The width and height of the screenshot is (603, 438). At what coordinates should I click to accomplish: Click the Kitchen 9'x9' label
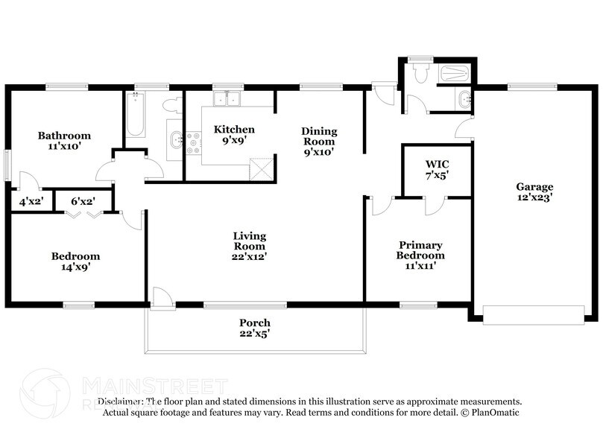click(234, 134)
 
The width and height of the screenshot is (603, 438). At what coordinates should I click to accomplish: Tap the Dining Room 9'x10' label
click(318, 141)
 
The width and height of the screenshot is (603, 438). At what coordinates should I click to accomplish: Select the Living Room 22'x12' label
click(250, 246)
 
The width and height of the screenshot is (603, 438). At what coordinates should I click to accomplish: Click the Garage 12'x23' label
click(535, 192)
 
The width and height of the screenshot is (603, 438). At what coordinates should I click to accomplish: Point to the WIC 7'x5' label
click(437, 169)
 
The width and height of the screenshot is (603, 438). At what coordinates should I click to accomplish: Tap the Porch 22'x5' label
click(254, 328)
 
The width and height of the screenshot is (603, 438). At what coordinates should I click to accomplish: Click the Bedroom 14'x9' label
click(75, 261)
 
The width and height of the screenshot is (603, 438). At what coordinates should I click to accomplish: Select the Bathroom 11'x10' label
click(65, 141)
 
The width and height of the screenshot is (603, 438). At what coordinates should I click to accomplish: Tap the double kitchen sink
click(225, 99)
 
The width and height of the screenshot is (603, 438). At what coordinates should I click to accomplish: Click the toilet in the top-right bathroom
click(421, 73)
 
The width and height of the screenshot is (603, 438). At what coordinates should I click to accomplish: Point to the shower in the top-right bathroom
click(454, 73)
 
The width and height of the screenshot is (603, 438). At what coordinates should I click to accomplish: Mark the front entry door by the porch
click(162, 297)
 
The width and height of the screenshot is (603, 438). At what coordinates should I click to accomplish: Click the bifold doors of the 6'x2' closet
click(82, 215)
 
